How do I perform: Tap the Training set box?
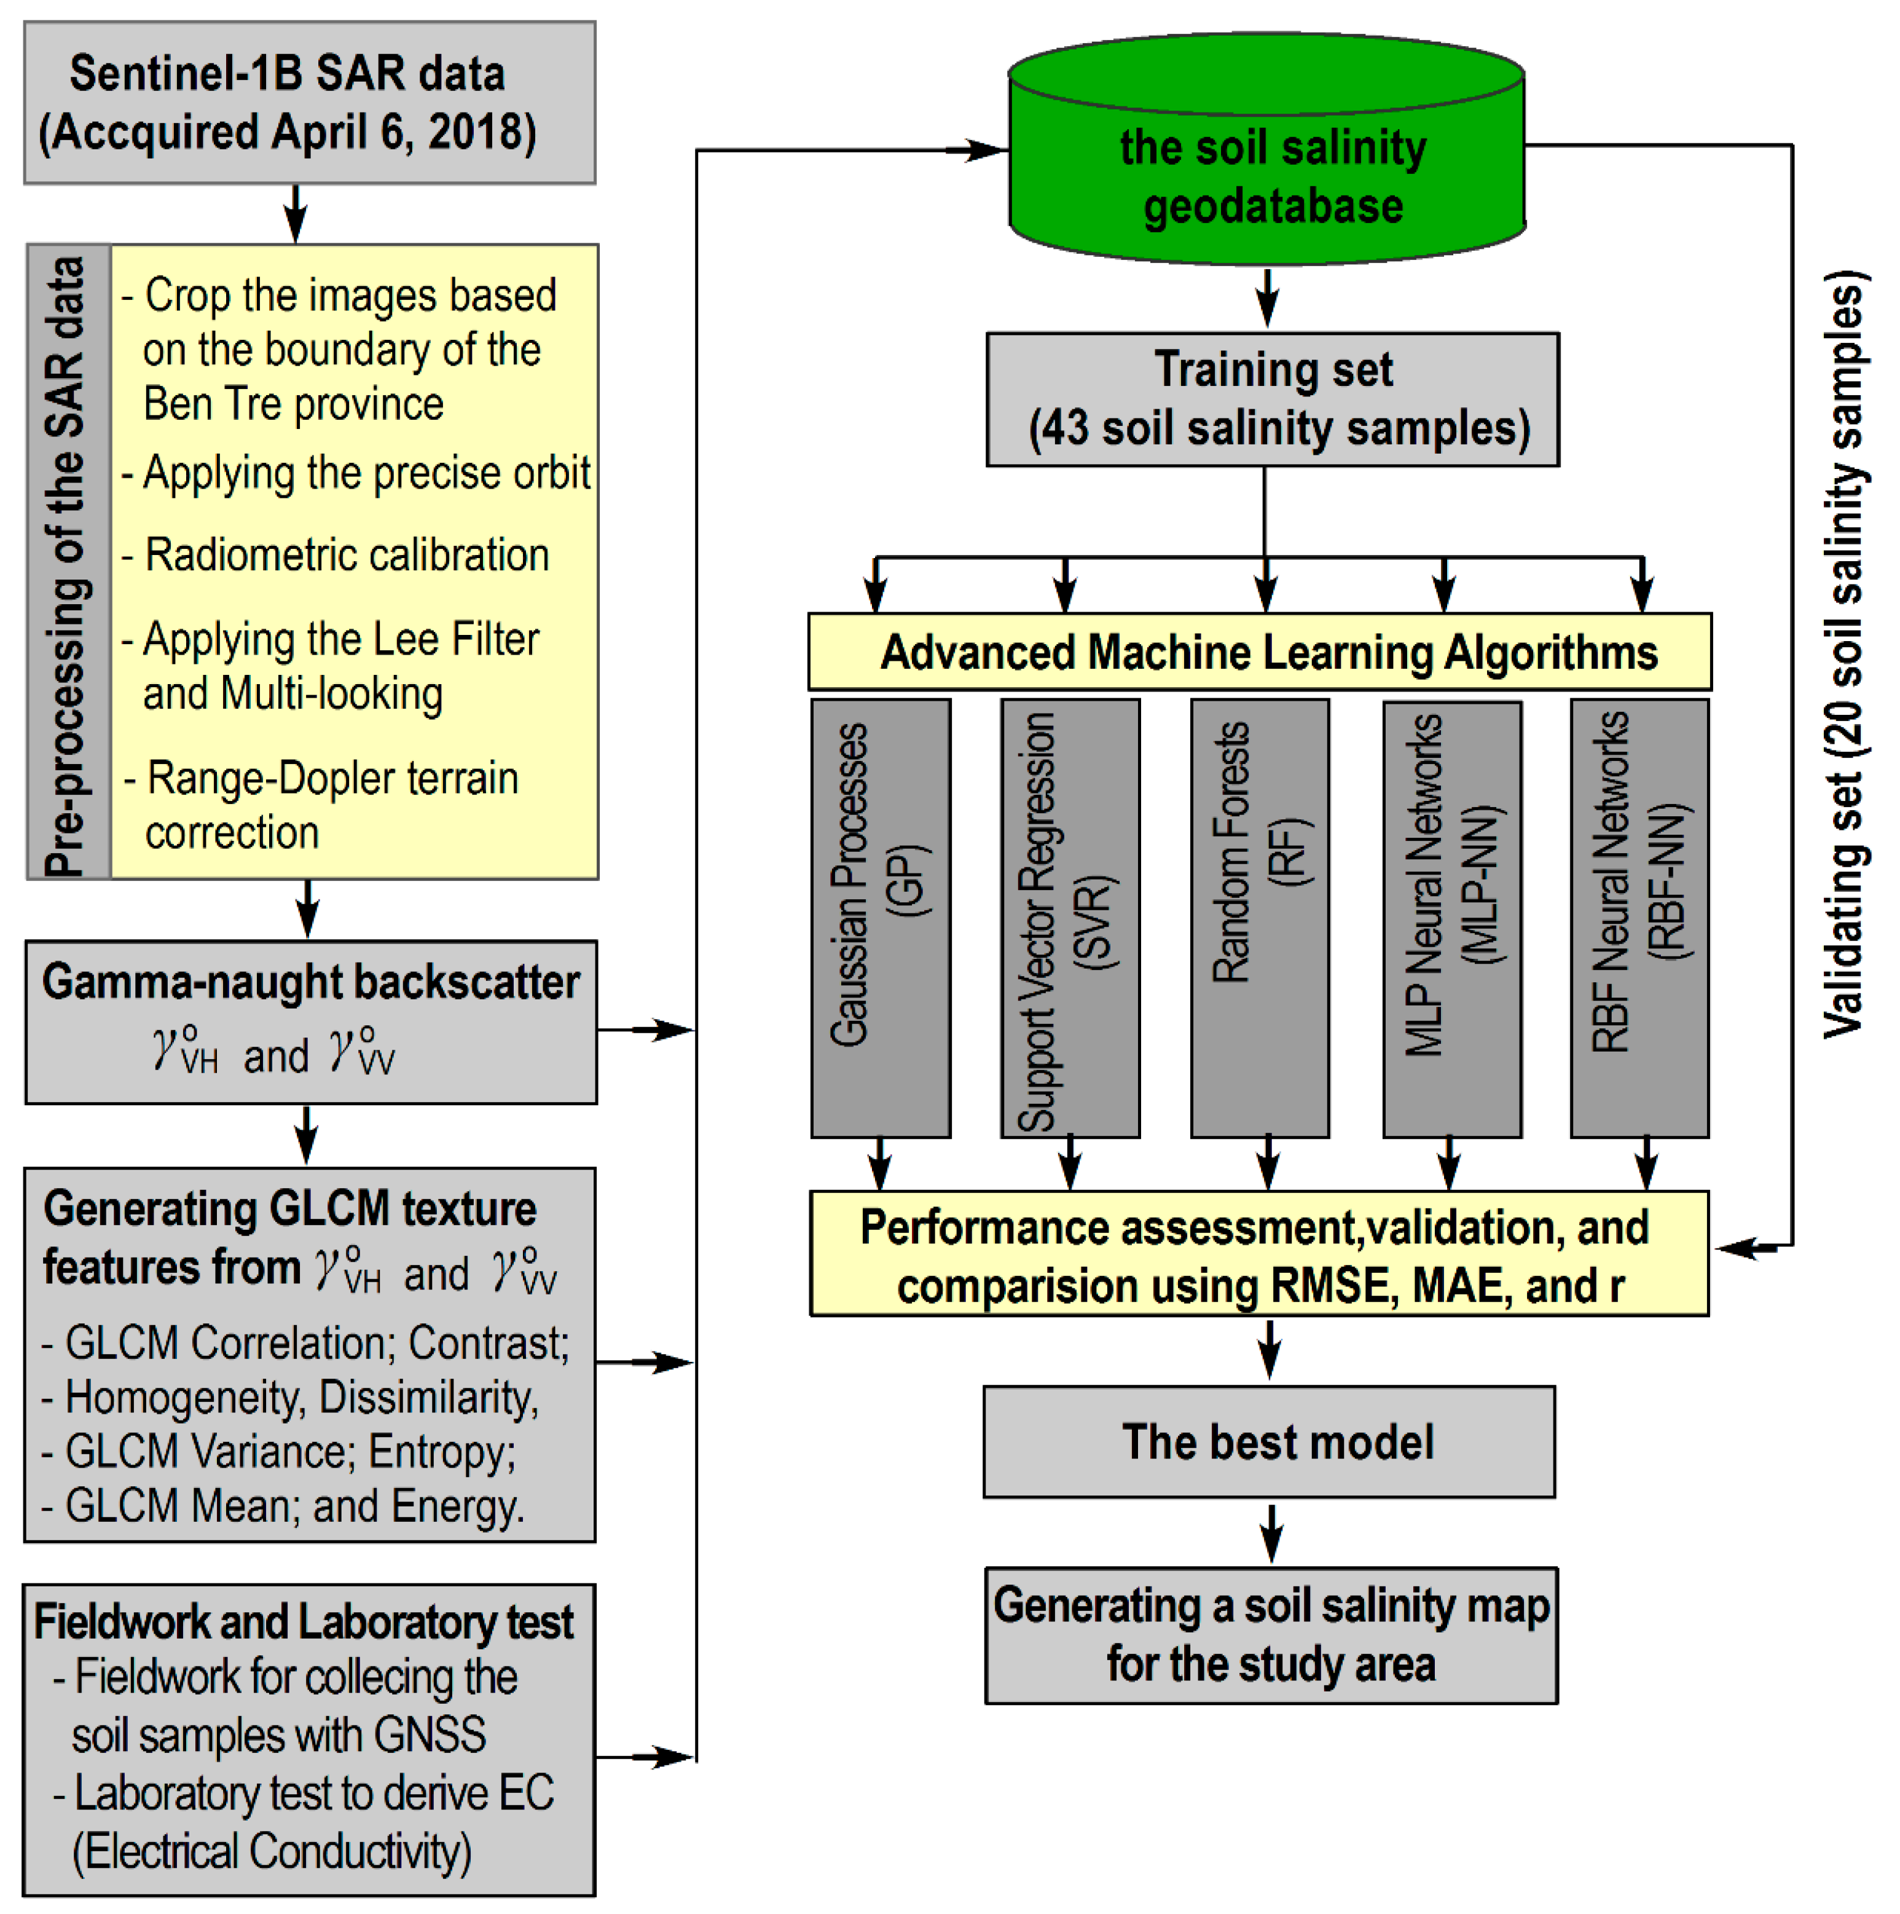1272,400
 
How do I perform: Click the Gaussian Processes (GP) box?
880,918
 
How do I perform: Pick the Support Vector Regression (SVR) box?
1070,918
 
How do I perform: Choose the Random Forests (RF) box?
1259,918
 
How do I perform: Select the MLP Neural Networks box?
1451,918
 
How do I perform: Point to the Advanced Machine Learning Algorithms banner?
1259,652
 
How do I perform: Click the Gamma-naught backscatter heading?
310,982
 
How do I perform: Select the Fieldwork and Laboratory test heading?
303,1622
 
